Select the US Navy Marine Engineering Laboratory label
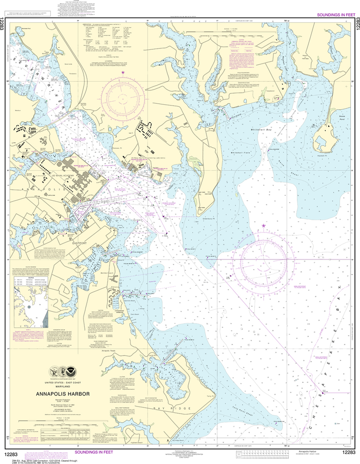[142, 158]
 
